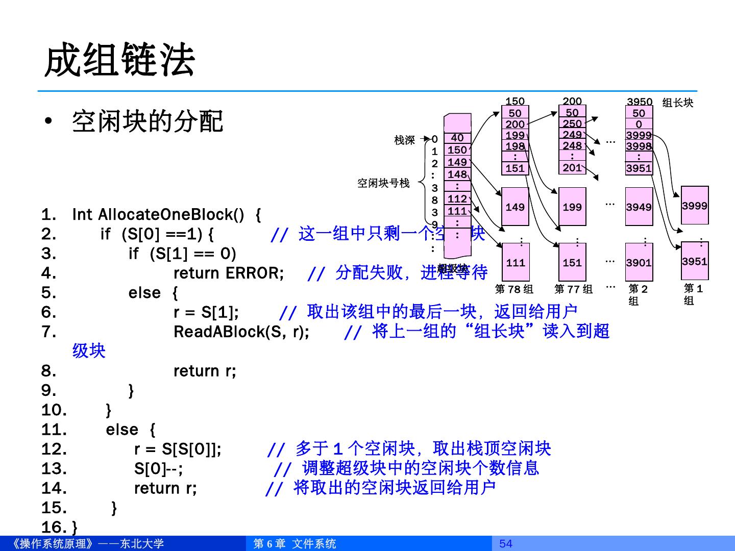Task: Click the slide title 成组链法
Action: point(120,61)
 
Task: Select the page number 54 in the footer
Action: point(505,543)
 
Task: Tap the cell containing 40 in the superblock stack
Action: point(457,138)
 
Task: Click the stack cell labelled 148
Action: point(457,174)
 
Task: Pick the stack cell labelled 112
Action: point(457,199)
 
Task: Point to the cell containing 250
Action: point(572,123)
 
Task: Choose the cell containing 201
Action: point(572,167)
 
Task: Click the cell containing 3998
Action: point(639,146)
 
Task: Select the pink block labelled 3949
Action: point(639,207)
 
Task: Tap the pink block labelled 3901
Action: point(639,262)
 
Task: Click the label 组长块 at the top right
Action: point(678,103)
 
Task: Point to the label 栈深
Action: point(405,140)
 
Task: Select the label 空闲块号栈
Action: point(383,183)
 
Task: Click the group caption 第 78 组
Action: point(514,289)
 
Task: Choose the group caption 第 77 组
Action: point(574,289)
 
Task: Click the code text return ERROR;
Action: point(229,273)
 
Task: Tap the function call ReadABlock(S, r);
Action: point(241,332)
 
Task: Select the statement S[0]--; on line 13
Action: point(158,468)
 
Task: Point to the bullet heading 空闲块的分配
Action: point(148,121)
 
